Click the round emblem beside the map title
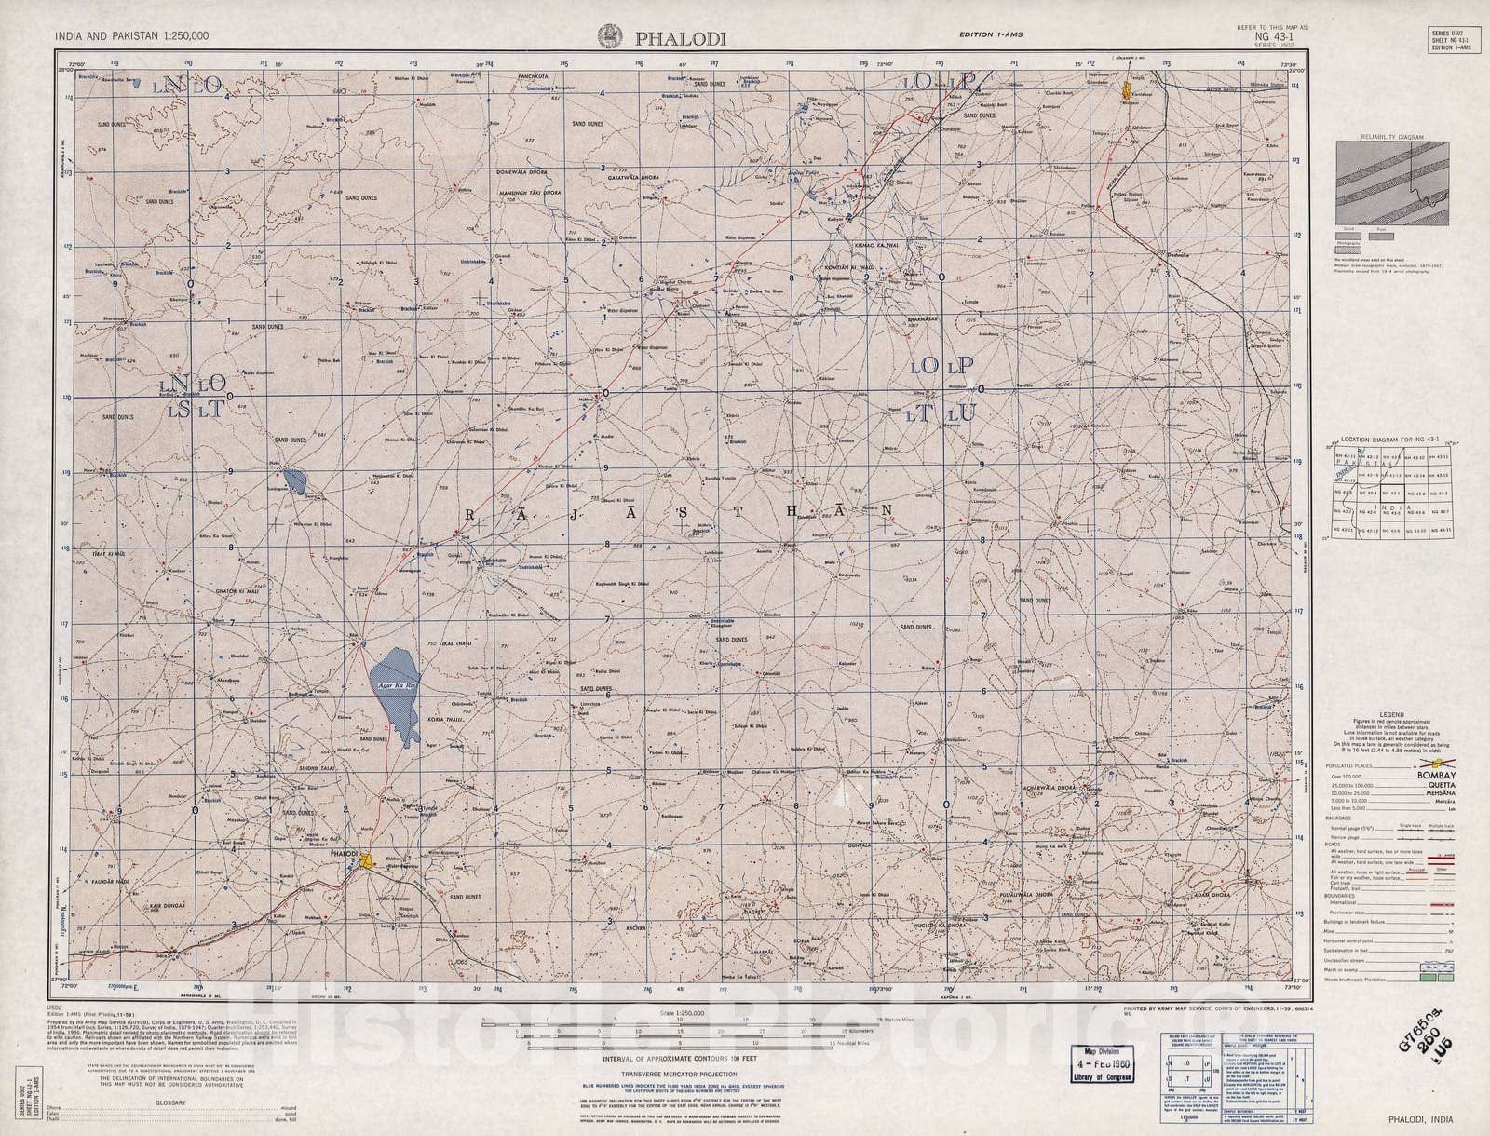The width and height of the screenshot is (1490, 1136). [611, 34]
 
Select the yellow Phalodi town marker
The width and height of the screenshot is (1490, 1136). [370, 861]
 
